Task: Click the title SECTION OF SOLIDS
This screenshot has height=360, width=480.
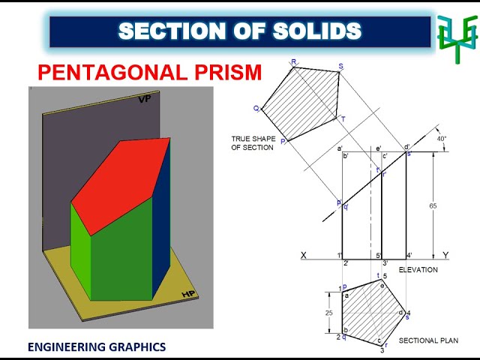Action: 240,31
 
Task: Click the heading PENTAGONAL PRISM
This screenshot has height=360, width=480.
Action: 150,73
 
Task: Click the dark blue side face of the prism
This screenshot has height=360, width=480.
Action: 161,225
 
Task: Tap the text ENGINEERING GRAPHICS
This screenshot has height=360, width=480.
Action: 97,346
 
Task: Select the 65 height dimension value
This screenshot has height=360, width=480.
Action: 433,205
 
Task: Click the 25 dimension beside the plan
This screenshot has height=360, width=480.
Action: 328,313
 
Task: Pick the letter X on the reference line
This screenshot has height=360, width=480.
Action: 304,256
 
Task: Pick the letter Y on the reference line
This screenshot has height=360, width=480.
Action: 445,256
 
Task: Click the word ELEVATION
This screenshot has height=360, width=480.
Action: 418,269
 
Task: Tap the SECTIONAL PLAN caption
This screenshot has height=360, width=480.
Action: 428,341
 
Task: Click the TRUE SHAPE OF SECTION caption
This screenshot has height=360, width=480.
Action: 253,142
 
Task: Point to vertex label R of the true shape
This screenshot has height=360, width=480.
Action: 293,62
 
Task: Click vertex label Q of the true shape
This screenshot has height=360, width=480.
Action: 256,109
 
